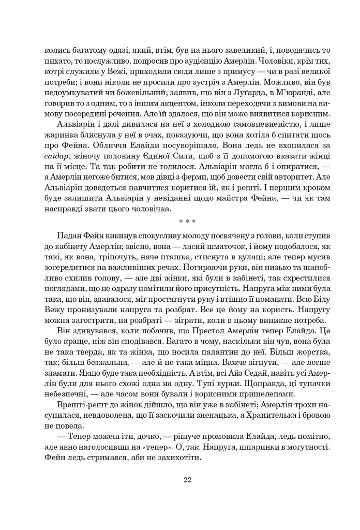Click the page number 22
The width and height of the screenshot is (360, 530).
[187, 479]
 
